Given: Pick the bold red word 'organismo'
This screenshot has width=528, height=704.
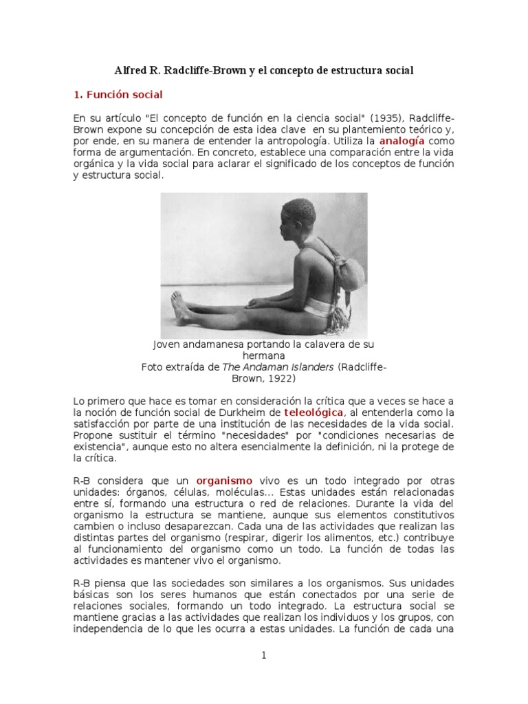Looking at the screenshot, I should click(x=224, y=480).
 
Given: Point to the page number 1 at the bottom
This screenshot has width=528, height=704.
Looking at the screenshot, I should click(x=264, y=655).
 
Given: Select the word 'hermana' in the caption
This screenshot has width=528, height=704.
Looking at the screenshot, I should click(x=264, y=355).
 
